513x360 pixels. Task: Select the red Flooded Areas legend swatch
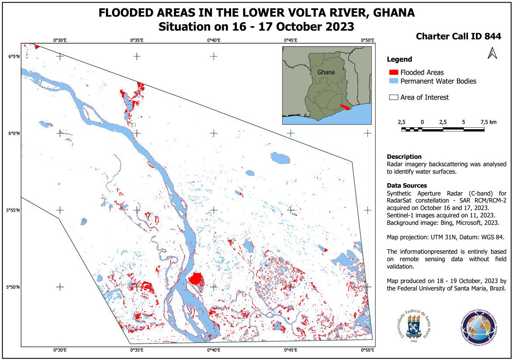coord(393,72)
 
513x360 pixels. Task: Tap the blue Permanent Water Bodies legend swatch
coord(393,81)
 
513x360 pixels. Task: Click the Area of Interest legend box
coord(393,98)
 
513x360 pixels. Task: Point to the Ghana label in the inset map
coord(326,72)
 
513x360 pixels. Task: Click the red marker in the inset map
coord(345,107)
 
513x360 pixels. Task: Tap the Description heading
coord(404,157)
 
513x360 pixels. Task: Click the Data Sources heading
coord(407,185)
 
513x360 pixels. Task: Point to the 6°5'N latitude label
coord(14,56)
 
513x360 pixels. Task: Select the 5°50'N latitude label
coord(13,287)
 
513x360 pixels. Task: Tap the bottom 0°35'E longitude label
coord(137,350)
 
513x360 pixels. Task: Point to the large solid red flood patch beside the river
coord(196,279)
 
